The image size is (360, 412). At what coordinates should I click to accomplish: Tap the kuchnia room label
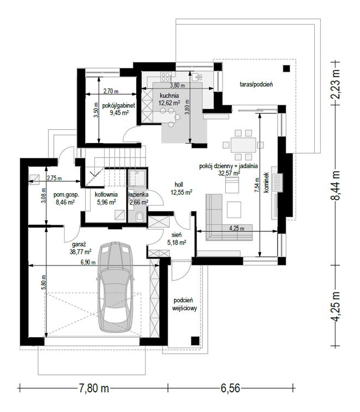[x=169, y=95]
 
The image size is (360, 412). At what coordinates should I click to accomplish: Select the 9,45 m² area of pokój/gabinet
[x=119, y=113]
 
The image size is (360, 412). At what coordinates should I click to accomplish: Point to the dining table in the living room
[x=243, y=145]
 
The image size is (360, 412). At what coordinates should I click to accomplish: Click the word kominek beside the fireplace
[x=266, y=183]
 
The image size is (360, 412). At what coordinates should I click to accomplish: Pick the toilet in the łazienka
[x=140, y=217]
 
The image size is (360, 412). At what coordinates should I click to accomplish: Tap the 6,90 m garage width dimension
[x=88, y=262]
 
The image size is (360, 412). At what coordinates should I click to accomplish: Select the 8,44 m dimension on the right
[x=335, y=185]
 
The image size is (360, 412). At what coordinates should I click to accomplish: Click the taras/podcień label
[x=256, y=85]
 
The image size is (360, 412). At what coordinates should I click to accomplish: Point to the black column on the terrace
[x=286, y=69]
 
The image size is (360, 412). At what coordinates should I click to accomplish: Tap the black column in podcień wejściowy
[x=195, y=341]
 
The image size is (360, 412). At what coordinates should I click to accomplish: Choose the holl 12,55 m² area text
[x=181, y=192]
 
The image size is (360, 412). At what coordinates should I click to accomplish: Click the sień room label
[x=177, y=235]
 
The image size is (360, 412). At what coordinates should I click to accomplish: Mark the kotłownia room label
[x=106, y=195]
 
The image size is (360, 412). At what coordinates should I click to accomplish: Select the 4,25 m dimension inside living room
[x=237, y=228]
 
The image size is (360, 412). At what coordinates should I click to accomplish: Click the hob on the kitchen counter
[x=166, y=77]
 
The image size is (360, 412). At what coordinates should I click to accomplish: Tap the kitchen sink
[x=197, y=77]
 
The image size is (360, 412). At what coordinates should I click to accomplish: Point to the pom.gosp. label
[x=66, y=195]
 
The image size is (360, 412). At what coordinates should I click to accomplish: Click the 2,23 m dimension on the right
[x=335, y=84]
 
